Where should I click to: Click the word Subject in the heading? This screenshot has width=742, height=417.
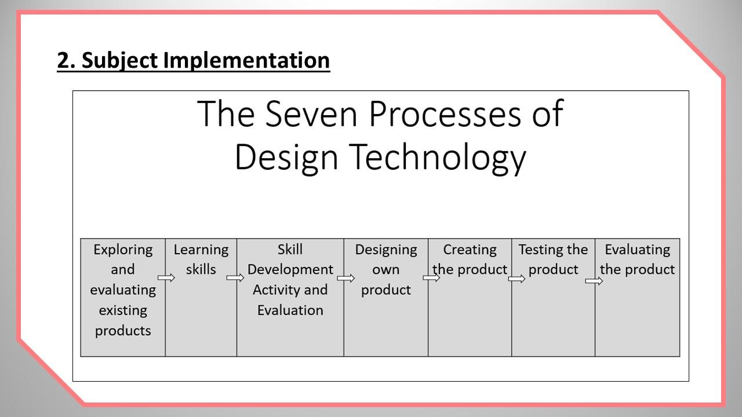click(119, 61)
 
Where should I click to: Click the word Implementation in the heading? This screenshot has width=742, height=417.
click(246, 61)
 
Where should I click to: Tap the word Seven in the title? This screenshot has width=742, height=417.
click(311, 114)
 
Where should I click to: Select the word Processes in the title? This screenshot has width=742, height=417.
click(445, 114)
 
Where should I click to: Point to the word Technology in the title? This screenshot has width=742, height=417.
click(437, 157)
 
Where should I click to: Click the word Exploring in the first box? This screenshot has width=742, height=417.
click(123, 250)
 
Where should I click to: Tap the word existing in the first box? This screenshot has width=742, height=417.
click(123, 311)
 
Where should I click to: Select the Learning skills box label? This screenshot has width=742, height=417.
click(201, 260)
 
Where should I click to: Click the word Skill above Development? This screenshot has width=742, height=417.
click(290, 250)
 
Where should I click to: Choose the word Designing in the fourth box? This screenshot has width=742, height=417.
click(386, 250)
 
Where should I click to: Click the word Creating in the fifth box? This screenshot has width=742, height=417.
click(470, 250)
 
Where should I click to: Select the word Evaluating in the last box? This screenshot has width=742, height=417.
click(638, 250)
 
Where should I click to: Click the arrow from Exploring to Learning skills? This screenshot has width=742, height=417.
click(166, 277)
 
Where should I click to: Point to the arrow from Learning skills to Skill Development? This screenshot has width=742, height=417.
click(235, 277)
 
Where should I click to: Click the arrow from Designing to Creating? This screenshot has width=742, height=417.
click(431, 277)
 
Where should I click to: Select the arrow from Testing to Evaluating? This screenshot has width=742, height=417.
click(594, 281)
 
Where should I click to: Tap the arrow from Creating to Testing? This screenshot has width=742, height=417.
click(517, 279)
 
